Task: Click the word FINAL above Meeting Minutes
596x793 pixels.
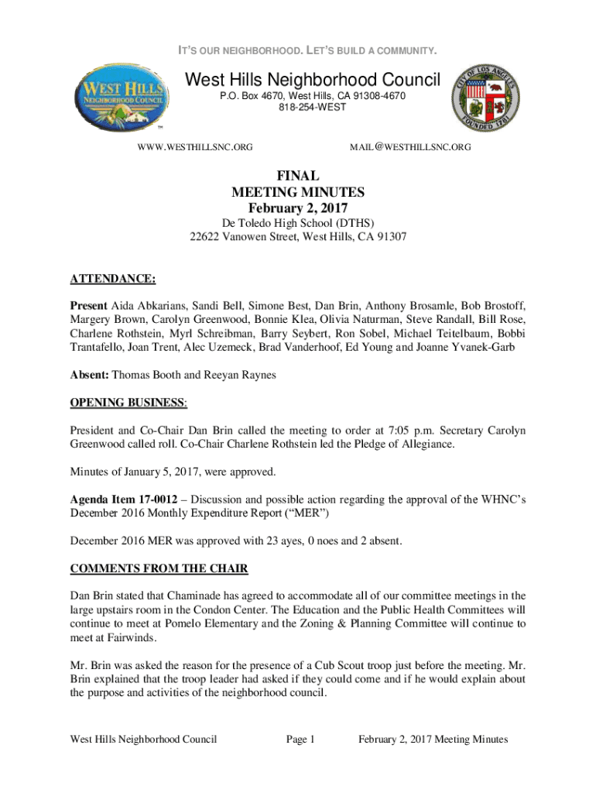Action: [x=298, y=177]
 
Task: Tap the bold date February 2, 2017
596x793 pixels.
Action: [x=298, y=208]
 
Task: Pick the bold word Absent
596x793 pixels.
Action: [x=90, y=375]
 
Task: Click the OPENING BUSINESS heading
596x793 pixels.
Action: [x=128, y=403]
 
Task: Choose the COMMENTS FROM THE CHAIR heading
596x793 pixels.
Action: [x=159, y=568]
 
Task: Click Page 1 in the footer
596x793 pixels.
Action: [x=300, y=740]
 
